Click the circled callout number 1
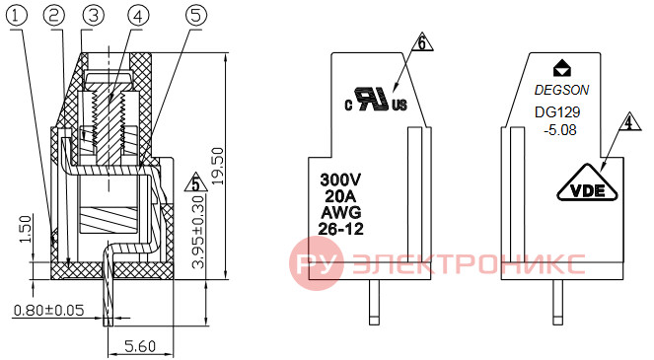coord(16,16)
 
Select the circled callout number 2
coord(54,16)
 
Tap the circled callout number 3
coord(94,16)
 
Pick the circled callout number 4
coord(138,16)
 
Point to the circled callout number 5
coord(196,16)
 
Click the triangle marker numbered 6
coord(422,42)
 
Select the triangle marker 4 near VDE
coord(629,121)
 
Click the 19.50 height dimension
coord(217,166)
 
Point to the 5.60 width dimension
coord(140,346)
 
